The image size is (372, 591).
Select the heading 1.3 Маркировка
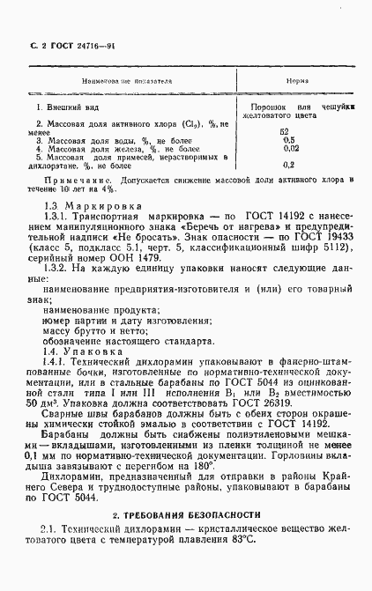(81, 206)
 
